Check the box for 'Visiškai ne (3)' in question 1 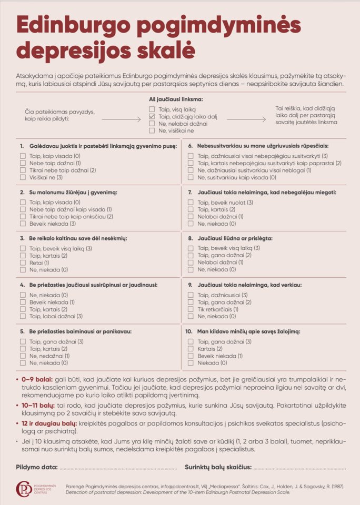[x=23, y=178]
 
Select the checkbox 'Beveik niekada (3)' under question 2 [x=23, y=224]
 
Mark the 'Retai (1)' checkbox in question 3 [x=23, y=262]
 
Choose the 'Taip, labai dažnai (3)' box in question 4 [x=23, y=316]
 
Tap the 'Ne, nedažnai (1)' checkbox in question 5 [x=23, y=356]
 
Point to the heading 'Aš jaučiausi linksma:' [x=176, y=99]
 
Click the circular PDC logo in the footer [x=24, y=489]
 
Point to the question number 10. [x=189, y=331]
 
